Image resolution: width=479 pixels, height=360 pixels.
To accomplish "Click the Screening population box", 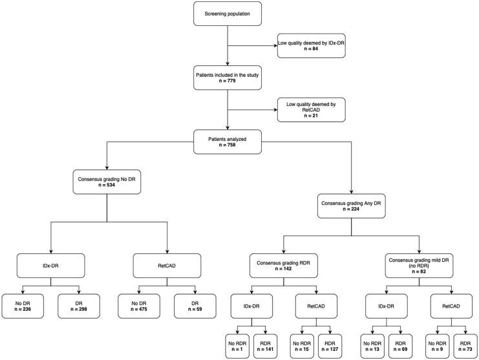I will point(226,14).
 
